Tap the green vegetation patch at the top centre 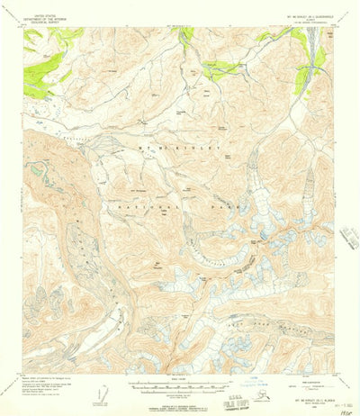click(x=186, y=37)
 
